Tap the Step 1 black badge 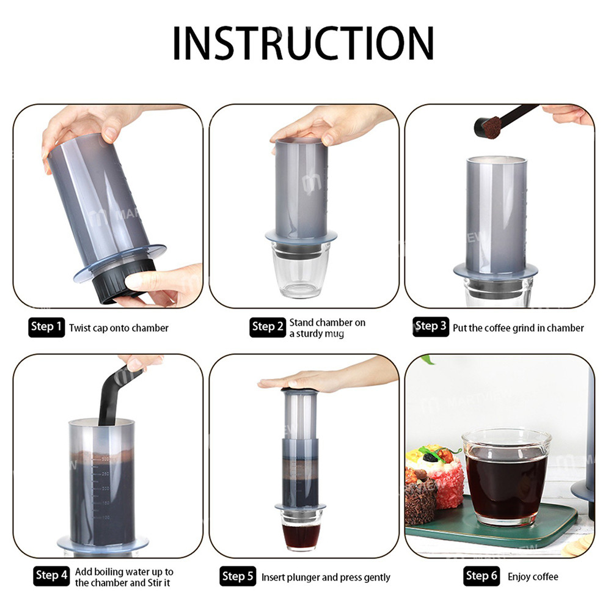coord(46,327)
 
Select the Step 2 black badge coord(268,327)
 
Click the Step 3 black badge coord(431,326)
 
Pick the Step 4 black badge coord(51,575)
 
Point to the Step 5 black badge coord(238,576)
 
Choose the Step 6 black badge coord(481,576)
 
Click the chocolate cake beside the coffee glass coord(420,501)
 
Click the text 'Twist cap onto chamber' coord(119,328)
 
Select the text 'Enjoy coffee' coord(533,576)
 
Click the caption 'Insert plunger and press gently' coord(326,577)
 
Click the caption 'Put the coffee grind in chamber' coord(518,328)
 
